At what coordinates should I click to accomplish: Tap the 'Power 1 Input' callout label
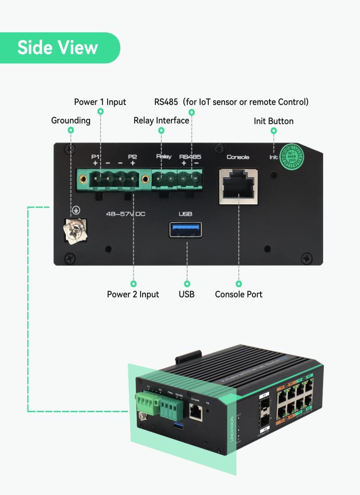pyautogui.click(x=100, y=102)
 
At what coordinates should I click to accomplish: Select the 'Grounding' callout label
pyautogui.click(x=71, y=121)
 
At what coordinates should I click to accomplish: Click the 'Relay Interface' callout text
pyautogui.click(x=161, y=121)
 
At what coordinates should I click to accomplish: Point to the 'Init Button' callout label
pyautogui.click(x=274, y=121)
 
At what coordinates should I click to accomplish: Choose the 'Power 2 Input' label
pyautogui.click(x=133, y=294)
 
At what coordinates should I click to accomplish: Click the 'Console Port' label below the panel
pyautogui.click(x=238, y=294)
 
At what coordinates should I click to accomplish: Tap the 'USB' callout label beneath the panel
pyautogui.click(x=186, y=294)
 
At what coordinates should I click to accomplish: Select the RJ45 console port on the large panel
pyautogui.click(x=238, y=186)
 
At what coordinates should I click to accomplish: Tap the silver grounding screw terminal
pyautogui.click(x=74, y=230)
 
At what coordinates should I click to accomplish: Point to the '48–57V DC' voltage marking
pyautogui.click(x=126, y=214)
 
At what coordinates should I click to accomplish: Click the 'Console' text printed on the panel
pyautogui.click(x=238, y=157)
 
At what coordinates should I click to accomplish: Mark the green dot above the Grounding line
pyautogui.click(x=71, y=130)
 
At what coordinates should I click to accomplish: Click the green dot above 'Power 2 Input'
pyautogui.click(x=133, y=283)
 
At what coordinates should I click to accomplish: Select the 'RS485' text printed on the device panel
pyautogui.click(x=190, y=157)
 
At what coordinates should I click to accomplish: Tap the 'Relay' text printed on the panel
pyautogui.click(x=164, y=157)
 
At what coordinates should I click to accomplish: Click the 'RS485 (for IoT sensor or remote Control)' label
pyautogui.click(x=231, y=102)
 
